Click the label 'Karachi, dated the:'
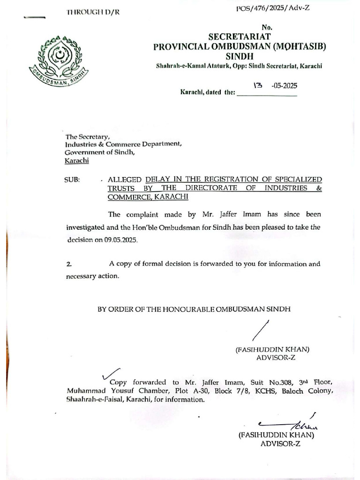click(x=208, y=93)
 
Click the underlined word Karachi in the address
click(x=76, y=161)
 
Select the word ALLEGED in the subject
click(x=125, y=180)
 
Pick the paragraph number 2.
click(x=69, y=264)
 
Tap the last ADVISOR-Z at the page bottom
click(x=280, y=443)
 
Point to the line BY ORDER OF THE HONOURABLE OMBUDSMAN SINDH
click(x=194, y=309)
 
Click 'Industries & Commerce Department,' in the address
click(x=123, y=144)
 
